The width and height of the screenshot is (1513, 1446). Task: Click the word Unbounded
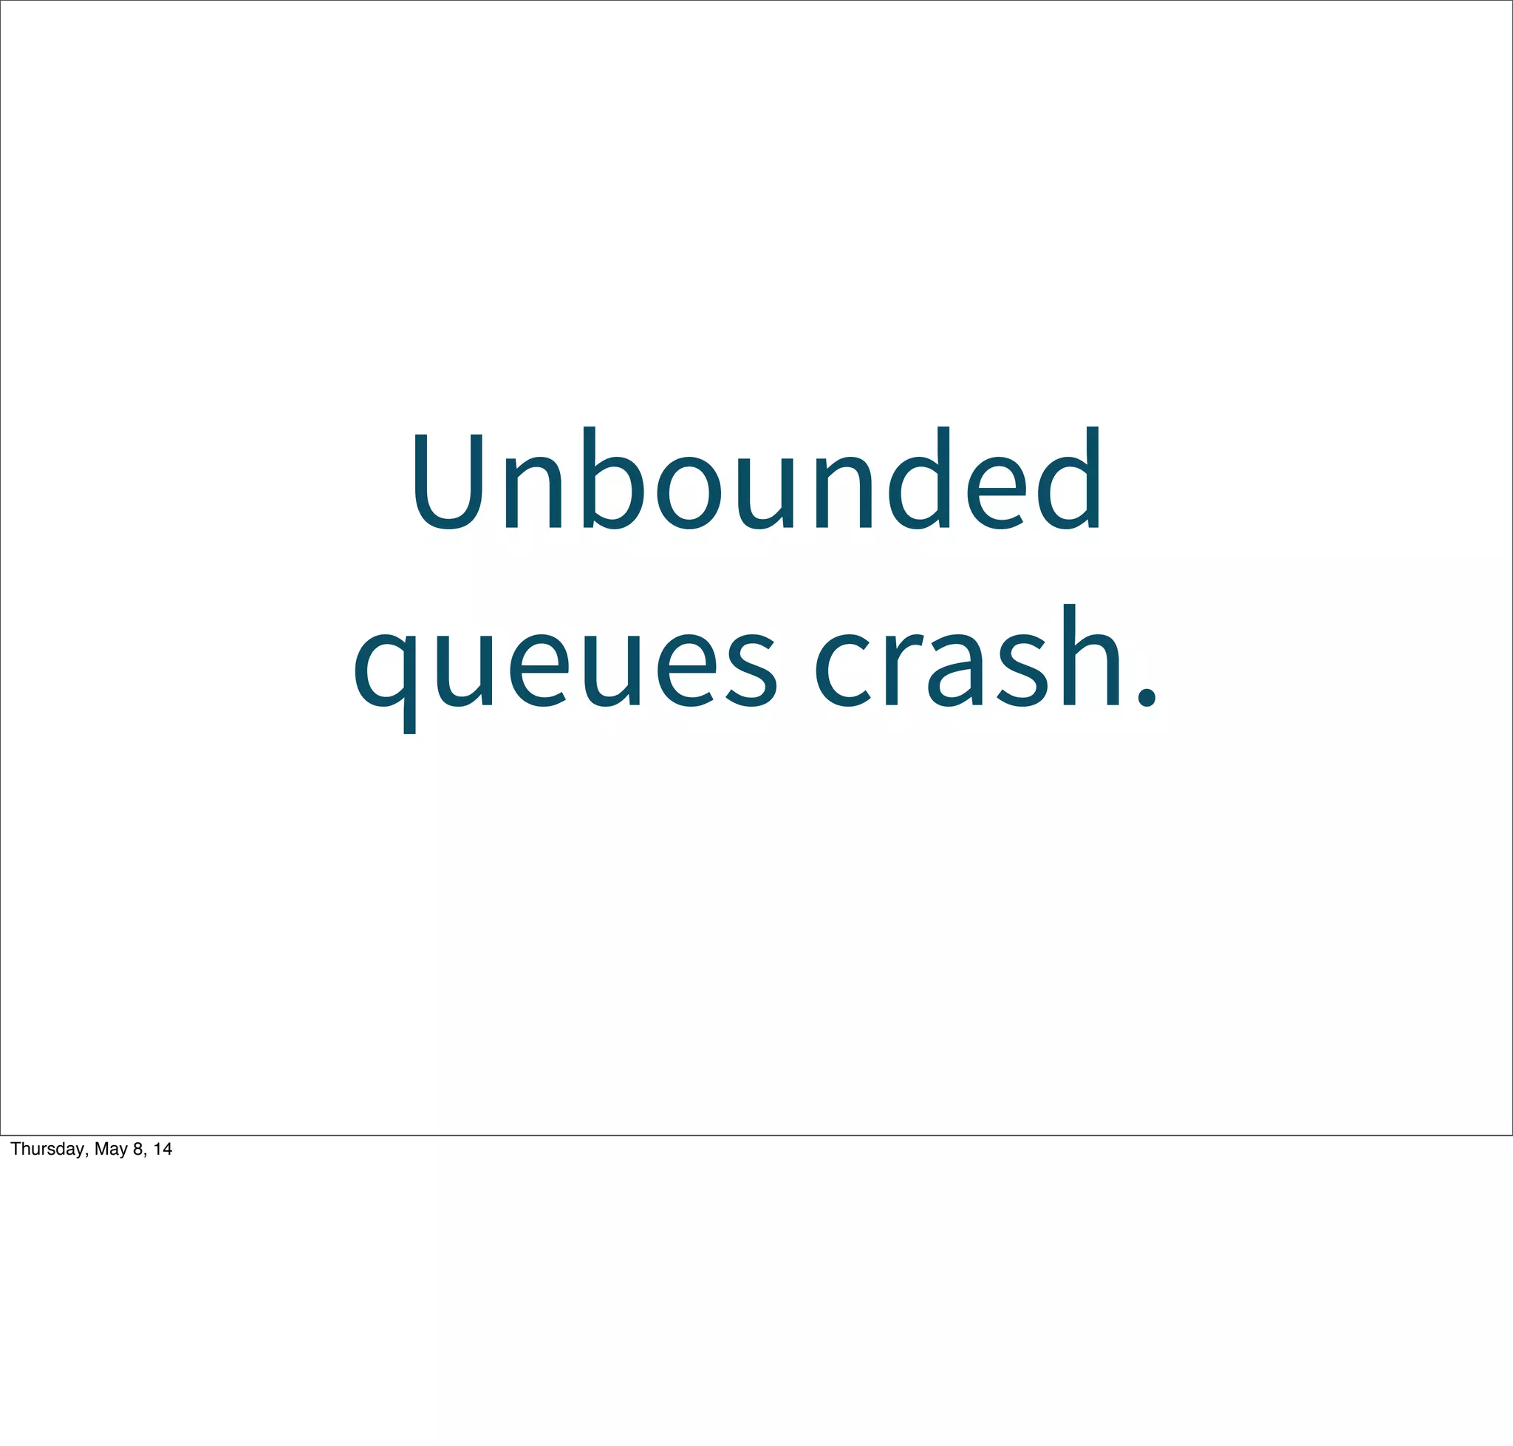click(x=756, y=480)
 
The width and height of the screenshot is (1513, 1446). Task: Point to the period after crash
click(x=1147, y=696)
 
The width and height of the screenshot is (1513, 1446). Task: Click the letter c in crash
click(x=843, y=669)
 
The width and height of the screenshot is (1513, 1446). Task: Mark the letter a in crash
click(x=955, y=669)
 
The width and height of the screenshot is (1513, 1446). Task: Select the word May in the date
click(x=110, y=1150)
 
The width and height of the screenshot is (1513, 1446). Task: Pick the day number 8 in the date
click(x=138, y=1149)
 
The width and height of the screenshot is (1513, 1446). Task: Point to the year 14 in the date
click(x=163, y=1149)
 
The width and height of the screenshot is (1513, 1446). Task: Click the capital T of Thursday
click(x=16, y=1149)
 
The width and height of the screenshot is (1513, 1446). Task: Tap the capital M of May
click(x=101, y=1149)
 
